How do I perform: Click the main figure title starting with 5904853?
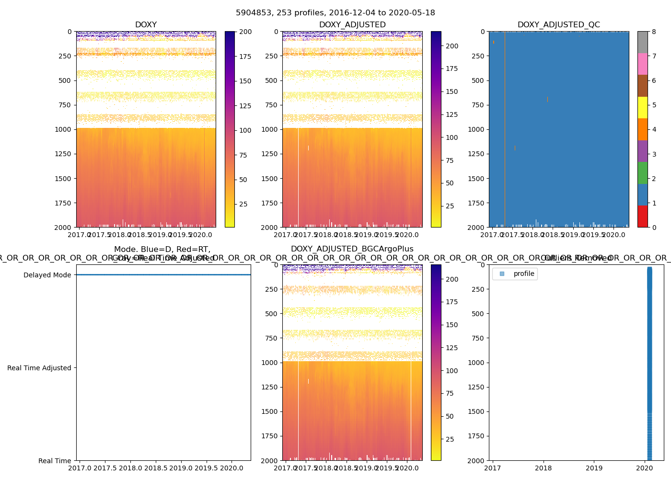(x=335, y=13)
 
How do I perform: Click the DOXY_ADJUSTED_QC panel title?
(x=558, y=25)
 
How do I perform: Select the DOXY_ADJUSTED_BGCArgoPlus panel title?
(x=352, y=249)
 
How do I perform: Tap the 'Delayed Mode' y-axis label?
(x=47, y=275)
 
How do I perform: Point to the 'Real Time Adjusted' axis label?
(x=39, y=368)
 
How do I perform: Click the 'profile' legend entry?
(x=523, y=274)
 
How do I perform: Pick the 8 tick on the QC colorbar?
(x=654, y=32)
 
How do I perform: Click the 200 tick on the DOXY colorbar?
(x=245, y=32)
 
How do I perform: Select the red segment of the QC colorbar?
(x=642, y=216)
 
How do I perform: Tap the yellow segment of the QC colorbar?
(x=642, y=107)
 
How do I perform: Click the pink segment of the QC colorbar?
(x=642, y=64)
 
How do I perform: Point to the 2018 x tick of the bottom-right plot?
(x=544, y=468)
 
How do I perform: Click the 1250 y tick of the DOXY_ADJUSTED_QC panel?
(x=476, y=154)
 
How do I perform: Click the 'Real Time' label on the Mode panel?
(x=55, y=461)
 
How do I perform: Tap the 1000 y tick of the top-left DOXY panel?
(x=63, y=129)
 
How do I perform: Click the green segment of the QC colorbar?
(x=642, y=172)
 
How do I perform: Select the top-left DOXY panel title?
(x=146, y=25)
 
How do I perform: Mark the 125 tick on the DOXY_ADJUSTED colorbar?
(x=452, y=114)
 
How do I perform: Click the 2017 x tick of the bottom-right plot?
(x=493, y=468)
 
